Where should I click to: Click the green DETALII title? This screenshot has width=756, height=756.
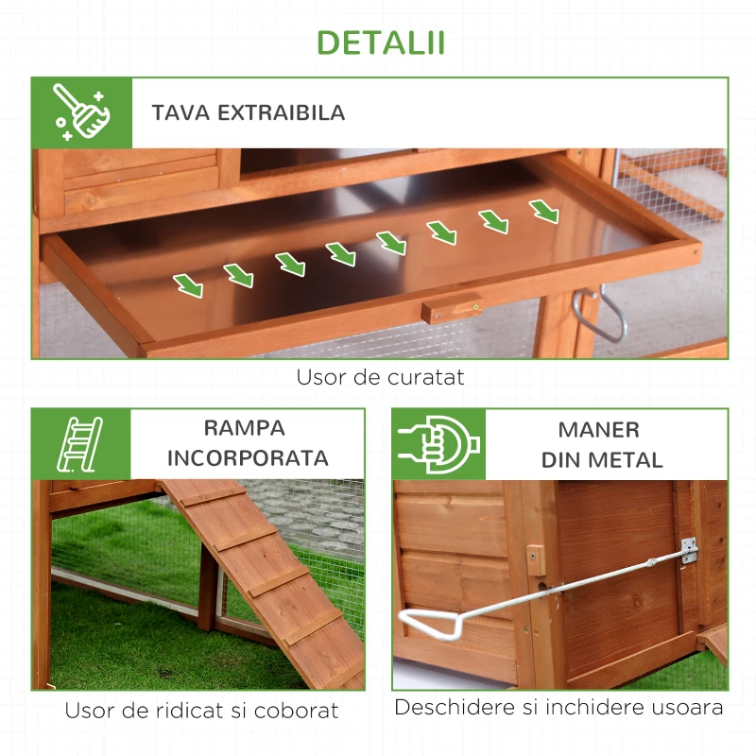tap(381, 43)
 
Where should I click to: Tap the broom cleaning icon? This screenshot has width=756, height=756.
tap(81, 112)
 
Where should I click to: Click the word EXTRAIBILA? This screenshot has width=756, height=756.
tap(281, 112)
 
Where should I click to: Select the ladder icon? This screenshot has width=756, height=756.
tap(80, 444)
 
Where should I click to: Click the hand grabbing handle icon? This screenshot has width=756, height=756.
tap(438, 444)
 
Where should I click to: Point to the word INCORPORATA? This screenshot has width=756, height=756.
tap(248, 458)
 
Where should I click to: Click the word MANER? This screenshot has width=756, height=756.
tap(599, 430)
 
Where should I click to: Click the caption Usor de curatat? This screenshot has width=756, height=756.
tap(380, 377)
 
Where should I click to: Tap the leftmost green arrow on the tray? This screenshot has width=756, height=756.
tap(188, 285)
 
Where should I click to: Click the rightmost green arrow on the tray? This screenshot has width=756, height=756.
tap(544, 212)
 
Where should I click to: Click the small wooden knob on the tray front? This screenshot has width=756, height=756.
tap(452, 309)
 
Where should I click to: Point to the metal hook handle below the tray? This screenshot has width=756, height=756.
tap(601, 316)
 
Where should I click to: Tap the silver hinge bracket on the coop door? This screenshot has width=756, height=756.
tap(690, 550)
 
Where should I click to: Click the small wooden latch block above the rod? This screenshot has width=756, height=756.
tap(536, 560)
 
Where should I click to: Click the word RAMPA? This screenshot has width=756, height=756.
tap(245, 428)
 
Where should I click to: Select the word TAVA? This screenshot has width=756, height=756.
tap(180, 112)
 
